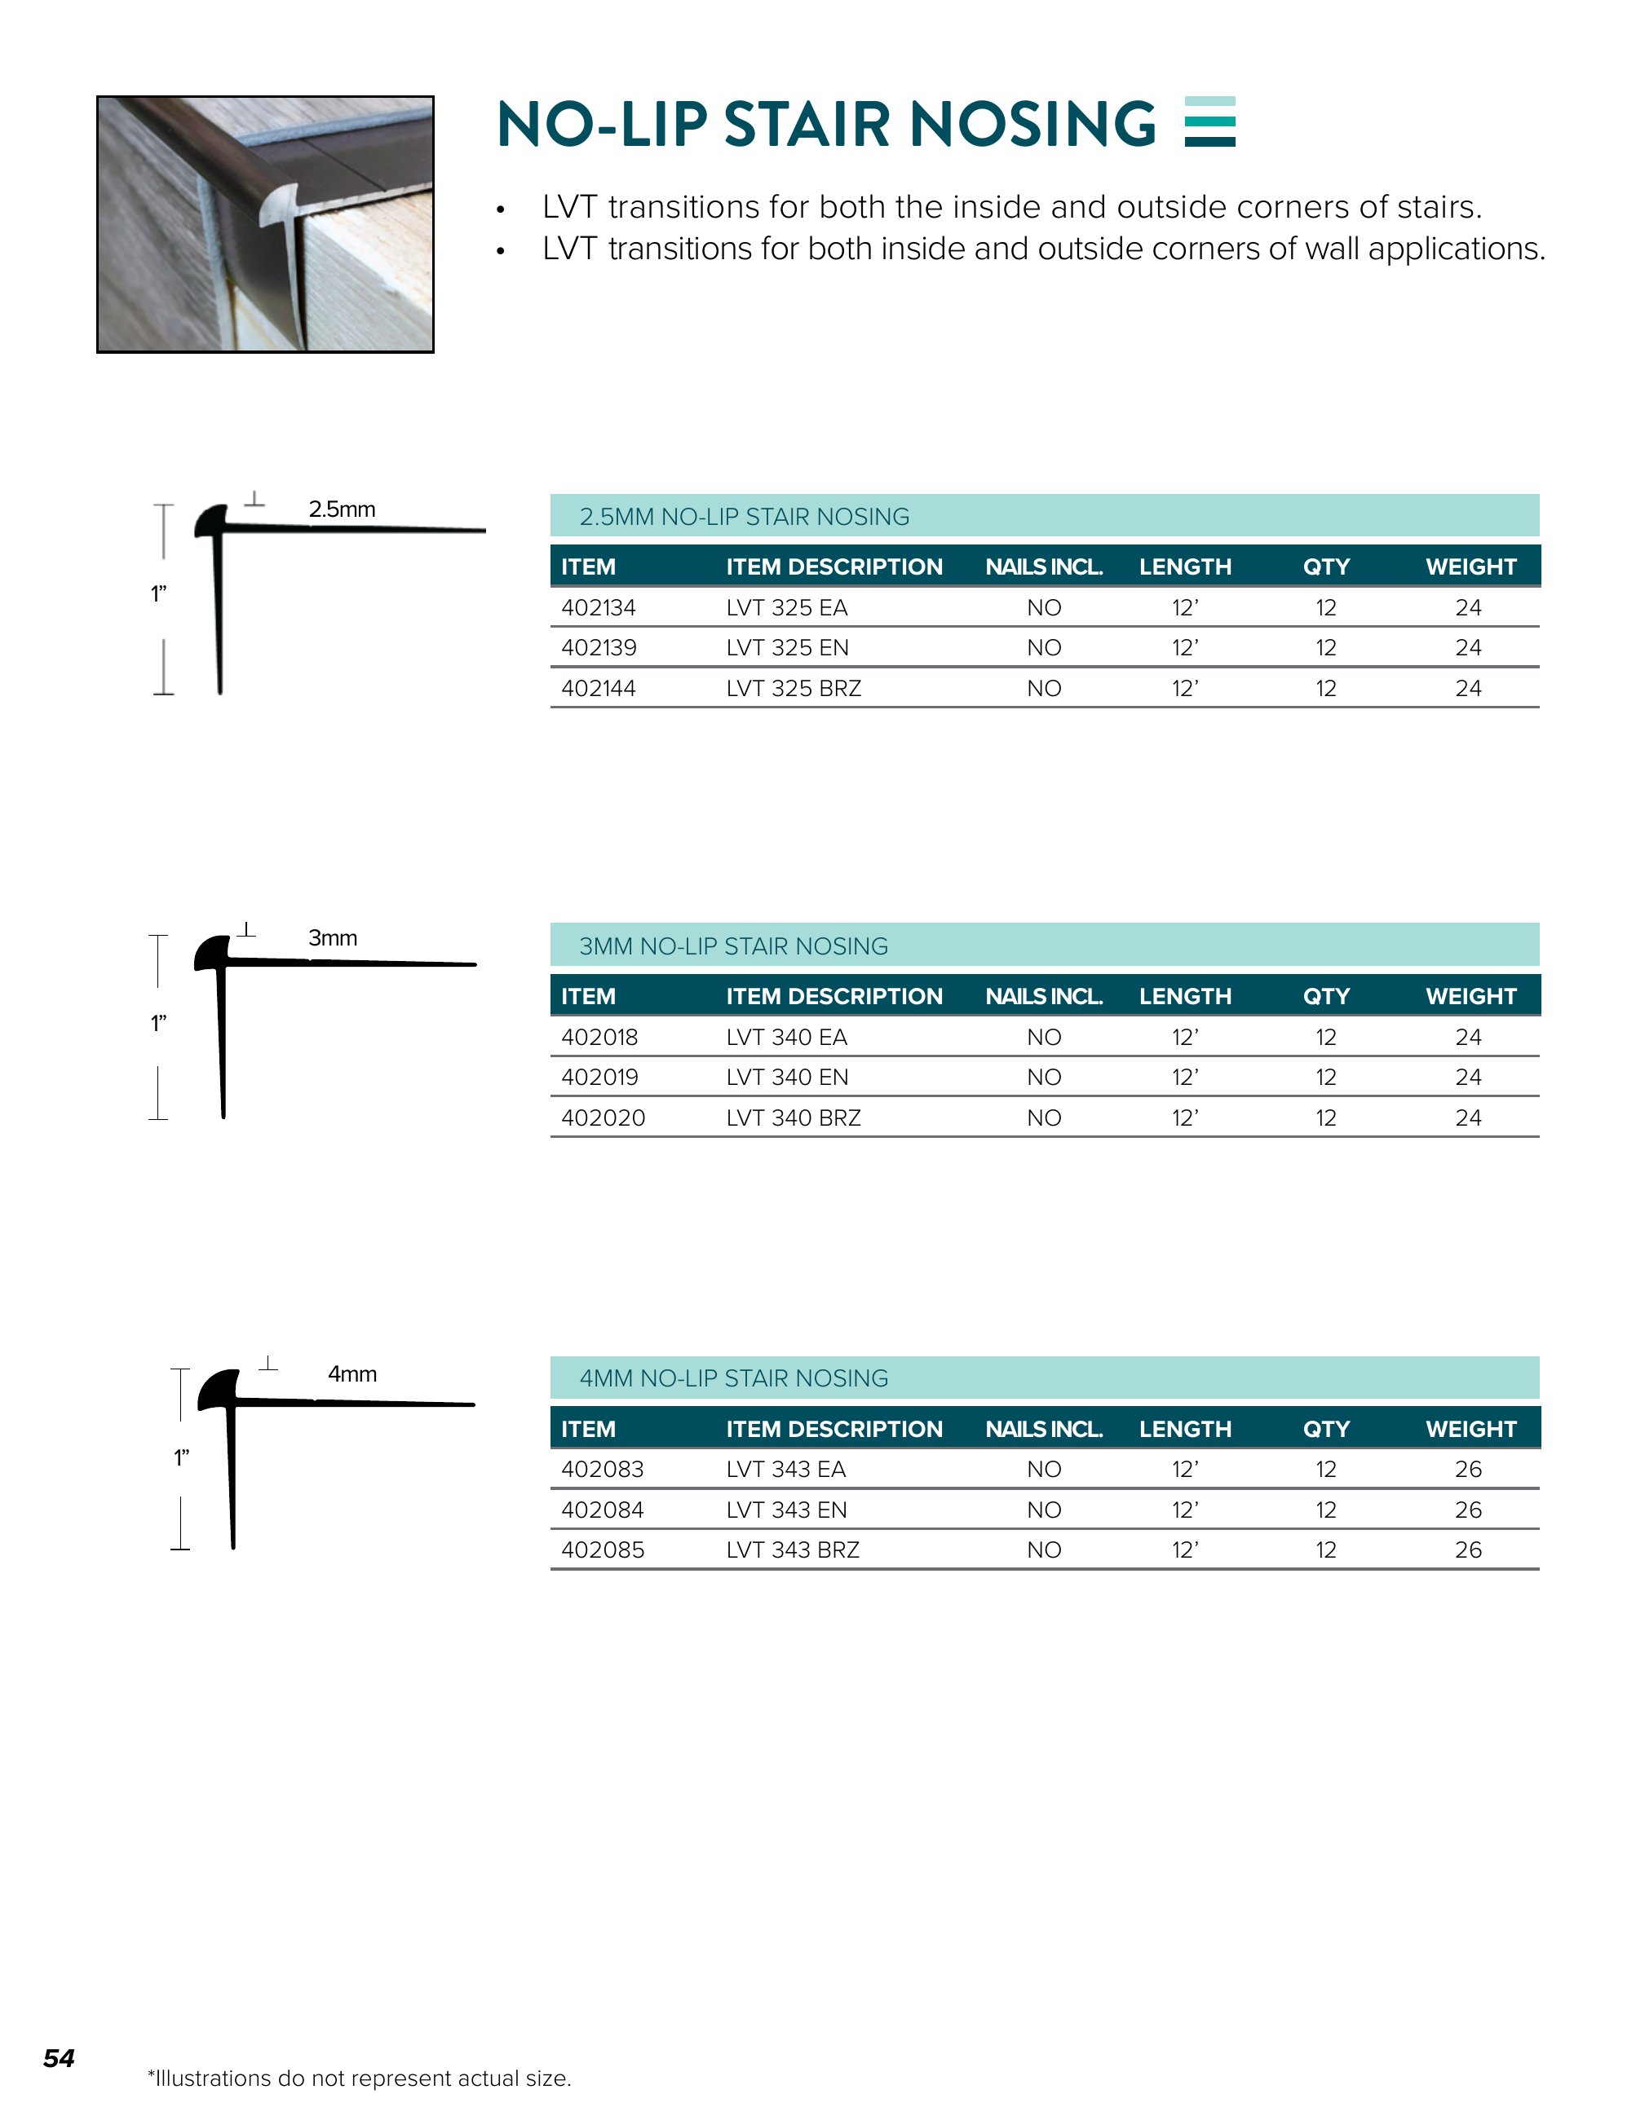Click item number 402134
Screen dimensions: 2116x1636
pyautogui.click(x=598, y=607)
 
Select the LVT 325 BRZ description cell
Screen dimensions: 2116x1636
pyautogui.click(x=793, y=688)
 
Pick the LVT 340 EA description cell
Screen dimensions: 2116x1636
pyautogui.click(x=786, y=1037)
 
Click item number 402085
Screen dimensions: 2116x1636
pyautogui.click(x=602, y=1550)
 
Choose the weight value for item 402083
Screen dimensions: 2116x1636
pyautogui.click(x=1467, y=1469)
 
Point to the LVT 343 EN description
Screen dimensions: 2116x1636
pyautogui.click(x=786, y=1510)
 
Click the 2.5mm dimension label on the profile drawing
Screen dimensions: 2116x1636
pyautogui.click(x=341, y=509)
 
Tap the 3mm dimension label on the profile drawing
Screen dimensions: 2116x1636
pyautogui.click(x=333, y=938)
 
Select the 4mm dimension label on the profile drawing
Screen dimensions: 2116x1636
pyautogui.click(x=352, y=1373)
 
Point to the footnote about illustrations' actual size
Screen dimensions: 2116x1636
pyautogui.click(x=359, y=2079)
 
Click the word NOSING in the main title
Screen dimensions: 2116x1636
pyautogui.click(x=1032, y=124)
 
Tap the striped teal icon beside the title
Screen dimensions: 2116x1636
pyautogui.click(x=1209, y=122)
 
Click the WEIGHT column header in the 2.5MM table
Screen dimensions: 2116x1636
pyautogui.click(x=1470, y=566)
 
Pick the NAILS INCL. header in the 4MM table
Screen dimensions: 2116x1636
pyautogui.click(x=1044, y=1429)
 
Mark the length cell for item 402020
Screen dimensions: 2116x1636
pyautogui.click(x=1184, y=1118)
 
